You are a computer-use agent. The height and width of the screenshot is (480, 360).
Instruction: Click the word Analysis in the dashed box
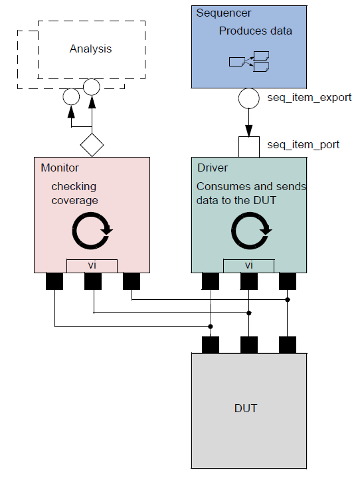coord(91,49)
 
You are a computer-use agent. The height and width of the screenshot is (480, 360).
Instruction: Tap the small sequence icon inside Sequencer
coord(249,61)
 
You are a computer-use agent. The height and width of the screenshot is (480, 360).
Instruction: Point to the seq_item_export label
coord(309,98)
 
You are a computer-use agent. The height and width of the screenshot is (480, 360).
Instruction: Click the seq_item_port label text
coord(303,144)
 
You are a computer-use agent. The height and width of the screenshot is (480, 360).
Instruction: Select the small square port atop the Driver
coord(249,146)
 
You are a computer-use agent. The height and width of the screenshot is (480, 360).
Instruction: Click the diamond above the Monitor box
coord(92,143)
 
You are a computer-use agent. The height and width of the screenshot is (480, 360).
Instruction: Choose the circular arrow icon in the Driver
coord(249,231)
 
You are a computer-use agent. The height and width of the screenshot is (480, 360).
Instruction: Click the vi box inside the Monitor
coord(92,265)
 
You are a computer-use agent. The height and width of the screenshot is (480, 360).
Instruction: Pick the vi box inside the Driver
coord(249,265)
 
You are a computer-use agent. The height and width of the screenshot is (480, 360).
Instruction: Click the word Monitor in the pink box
coord(60,169)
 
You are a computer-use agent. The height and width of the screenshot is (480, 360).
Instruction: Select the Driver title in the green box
coord(213,169)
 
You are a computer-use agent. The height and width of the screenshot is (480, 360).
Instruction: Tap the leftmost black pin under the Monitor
coord(54,282)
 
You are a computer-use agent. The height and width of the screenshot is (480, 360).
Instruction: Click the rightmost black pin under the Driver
coord(287,282)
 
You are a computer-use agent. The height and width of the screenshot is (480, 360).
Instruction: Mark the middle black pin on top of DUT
coord(249,345)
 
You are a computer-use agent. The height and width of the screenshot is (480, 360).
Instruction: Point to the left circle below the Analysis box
coord(70,97)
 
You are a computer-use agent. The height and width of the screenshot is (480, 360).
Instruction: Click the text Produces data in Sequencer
coord(255,31)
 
